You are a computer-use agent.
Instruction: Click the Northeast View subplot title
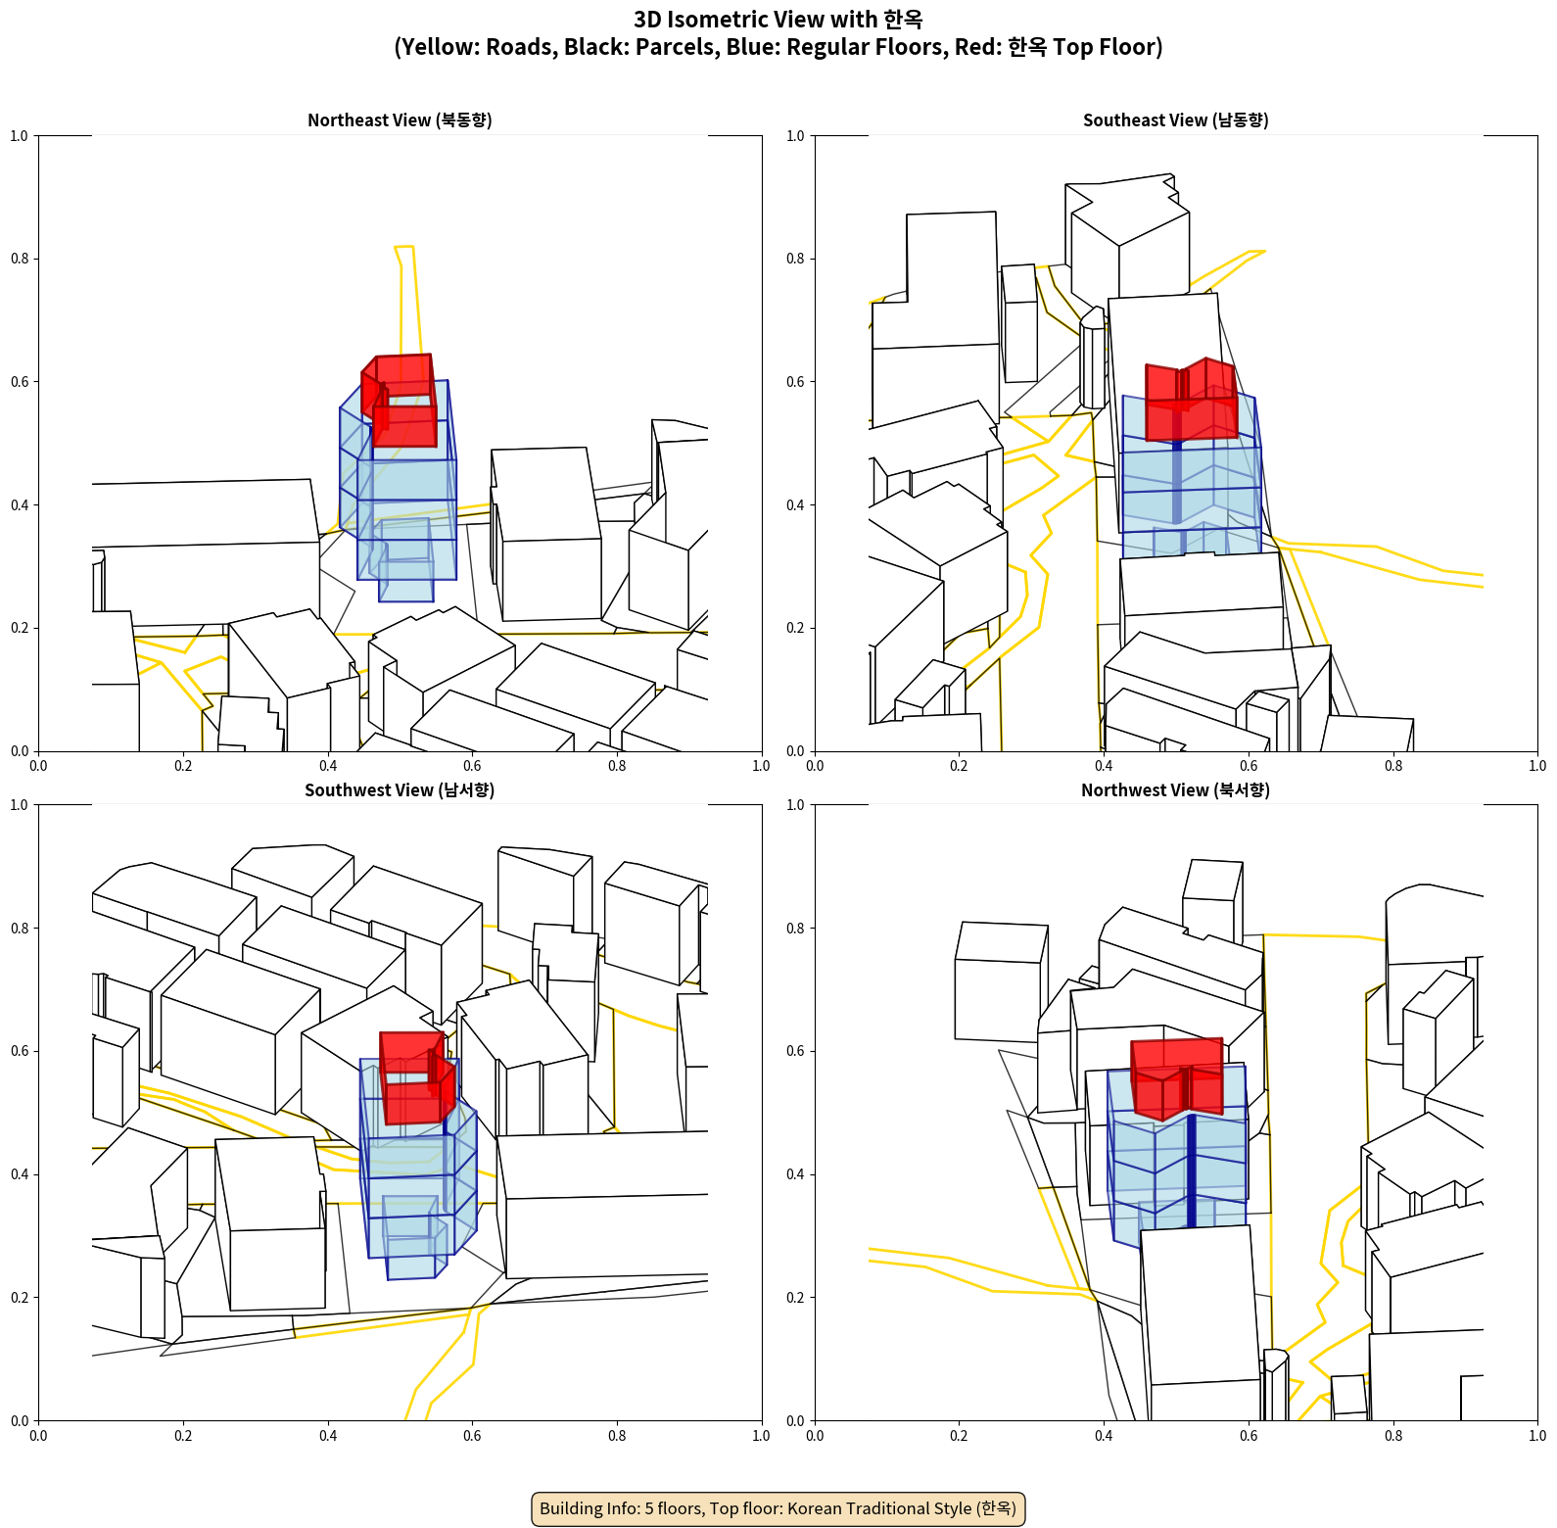tap(400, 120)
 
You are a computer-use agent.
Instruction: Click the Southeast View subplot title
tap(1175, 120)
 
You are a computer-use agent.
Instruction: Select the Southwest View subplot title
tap(400, 790)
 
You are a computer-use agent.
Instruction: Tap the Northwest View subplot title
tap(1175, 790)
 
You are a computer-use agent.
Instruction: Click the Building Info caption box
tap(778, 1508)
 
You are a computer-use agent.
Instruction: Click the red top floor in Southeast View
tap(1190, 402)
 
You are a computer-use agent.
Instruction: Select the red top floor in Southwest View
tap(416, 1077)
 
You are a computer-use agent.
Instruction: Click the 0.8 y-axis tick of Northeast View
tap(20, 259)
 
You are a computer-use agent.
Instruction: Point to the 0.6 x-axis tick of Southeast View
tap(1249, 766)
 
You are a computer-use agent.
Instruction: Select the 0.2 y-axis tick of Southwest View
tap(20, 1297)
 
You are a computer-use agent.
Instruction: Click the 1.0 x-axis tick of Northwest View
tap(1537, 1436)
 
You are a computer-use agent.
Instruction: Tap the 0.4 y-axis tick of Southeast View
tap(795, 504)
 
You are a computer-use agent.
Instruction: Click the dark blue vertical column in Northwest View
tap(1191, 1170)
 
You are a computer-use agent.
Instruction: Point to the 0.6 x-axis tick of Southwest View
tap(472, 1436)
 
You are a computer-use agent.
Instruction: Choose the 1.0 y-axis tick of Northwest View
tap(795, 805)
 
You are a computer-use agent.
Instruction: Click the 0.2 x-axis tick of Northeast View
tap(183, 766)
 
